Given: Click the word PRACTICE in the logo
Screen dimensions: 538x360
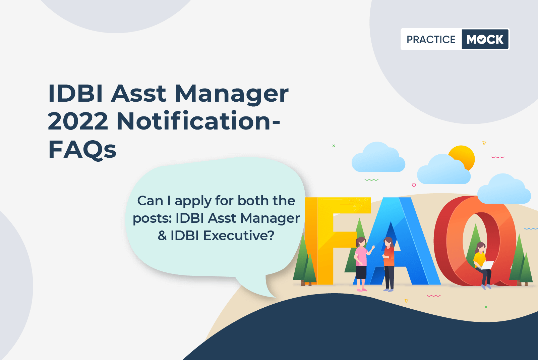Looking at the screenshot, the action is tap(431, 39).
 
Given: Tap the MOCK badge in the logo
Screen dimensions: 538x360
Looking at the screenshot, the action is tap(485, 39).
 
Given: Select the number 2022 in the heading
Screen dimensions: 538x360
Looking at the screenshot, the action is tap(78, 121).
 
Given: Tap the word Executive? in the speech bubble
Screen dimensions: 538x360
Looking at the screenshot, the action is tap(239, 236).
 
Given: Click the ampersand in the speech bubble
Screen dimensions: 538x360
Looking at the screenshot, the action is tap(162, 236).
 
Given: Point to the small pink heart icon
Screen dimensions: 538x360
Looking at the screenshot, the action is tap(414, 185).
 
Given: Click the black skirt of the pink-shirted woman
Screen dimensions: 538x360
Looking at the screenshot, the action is tap(361, 272).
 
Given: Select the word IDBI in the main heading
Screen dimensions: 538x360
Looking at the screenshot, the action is tap(76, 94).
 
